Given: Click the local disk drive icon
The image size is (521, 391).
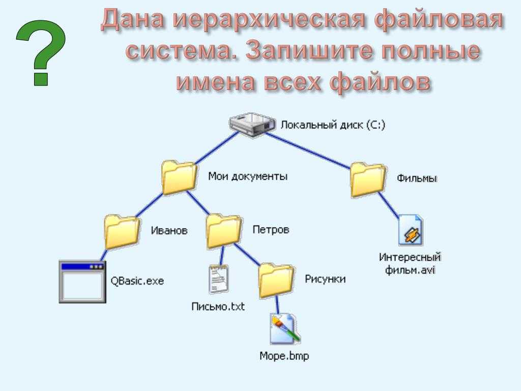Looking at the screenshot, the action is [252, 124].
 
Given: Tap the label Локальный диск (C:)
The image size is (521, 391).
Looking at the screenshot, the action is [333, 125].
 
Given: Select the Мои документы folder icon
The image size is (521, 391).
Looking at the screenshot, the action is [179, 178].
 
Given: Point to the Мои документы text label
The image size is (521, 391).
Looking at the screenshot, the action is [248, 176].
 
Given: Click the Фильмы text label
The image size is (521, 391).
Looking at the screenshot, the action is [417, 178].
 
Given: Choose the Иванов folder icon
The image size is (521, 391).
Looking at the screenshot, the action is [122, 232].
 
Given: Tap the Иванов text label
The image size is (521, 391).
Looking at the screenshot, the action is [169, 230].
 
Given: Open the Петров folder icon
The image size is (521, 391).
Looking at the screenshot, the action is [224, 231].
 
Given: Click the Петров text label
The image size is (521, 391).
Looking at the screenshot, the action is [271, 230].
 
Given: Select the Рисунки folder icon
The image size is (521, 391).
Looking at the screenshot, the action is [276, 281].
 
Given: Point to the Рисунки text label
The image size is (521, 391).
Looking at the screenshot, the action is [325, 278].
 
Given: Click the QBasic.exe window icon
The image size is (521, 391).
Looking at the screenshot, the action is [82, 282].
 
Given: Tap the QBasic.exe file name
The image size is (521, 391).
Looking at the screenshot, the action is [137, 281].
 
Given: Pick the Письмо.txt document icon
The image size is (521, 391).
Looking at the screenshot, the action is [219, 280].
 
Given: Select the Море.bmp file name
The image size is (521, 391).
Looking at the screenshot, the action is [284, 356].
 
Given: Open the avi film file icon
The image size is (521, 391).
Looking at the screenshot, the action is [411, 230].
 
